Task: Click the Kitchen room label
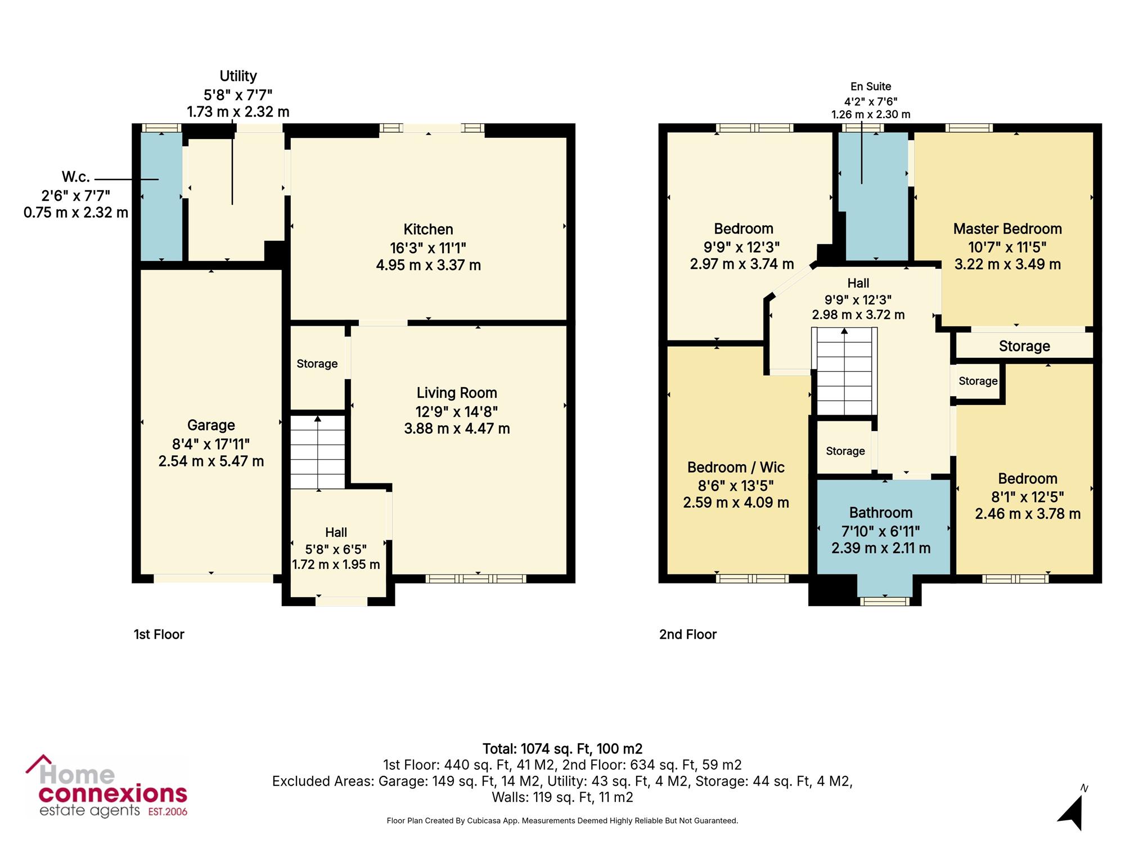coord(428,230)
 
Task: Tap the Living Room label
coord(457,393)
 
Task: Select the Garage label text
coord(211,425)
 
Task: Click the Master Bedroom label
coord(1007,229)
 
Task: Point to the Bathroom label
coord(881,513)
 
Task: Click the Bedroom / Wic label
coord(736,467)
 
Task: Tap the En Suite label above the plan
coord(871,87)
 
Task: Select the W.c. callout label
coord(76,177)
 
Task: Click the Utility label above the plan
coord(238,76)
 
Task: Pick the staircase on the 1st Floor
coord(317,452)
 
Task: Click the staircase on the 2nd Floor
coord(844,371)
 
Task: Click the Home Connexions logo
coord(106,787)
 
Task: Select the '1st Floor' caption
coord(159,635)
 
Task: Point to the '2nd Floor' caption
coord(688,635)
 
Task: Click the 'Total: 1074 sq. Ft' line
coord(562,749)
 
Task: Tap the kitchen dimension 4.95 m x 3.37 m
coord(428,265)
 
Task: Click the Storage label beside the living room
coord(317,364)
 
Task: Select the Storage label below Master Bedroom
coord(1024,347)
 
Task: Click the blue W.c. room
coord(161,196)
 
